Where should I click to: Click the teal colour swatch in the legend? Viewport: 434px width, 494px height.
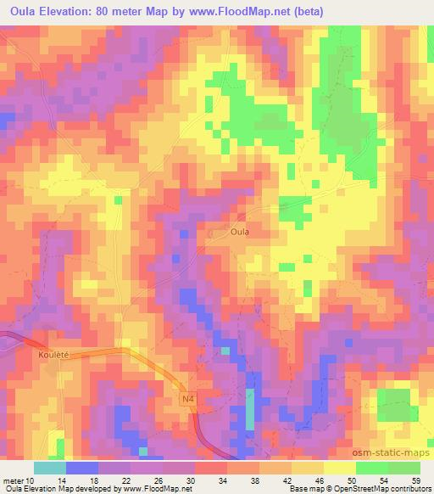[49, 469]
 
